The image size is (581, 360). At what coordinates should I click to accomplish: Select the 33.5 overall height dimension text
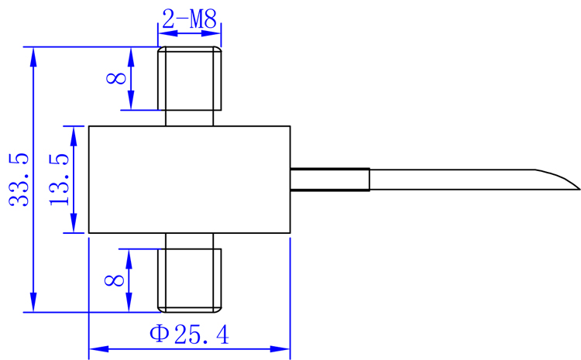(x=19, y=180)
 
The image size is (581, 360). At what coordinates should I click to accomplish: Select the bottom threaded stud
(x=190, y=279)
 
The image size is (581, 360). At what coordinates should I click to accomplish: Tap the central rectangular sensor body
(x=190, y=180)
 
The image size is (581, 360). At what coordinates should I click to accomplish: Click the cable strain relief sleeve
(x=329, y=179)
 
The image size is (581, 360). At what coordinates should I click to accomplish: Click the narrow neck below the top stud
(x=190, y=118)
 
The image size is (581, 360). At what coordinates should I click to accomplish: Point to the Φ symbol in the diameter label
(x=159, y=334)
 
